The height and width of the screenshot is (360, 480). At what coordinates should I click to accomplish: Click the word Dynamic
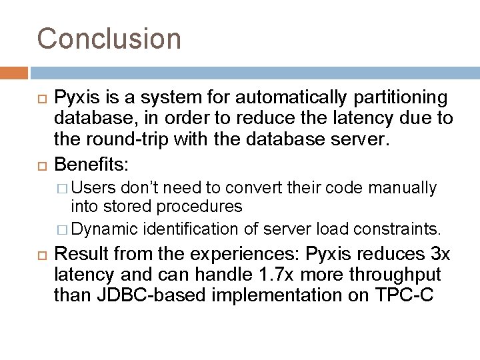tap(103, 231)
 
